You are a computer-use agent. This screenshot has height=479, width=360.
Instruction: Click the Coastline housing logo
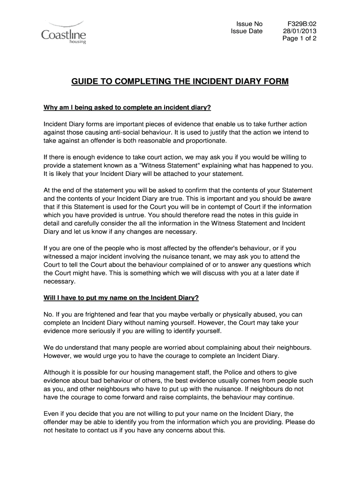pyautogui.click(x=64, y=32)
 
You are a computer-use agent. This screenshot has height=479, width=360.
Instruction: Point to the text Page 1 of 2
pyautogui.click(x=299, y=39)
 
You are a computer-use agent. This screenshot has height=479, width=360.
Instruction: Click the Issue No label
pyautogui.click(x=249, y=24)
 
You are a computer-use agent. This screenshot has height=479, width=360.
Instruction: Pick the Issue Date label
pyautogui.click(x=247, y=31)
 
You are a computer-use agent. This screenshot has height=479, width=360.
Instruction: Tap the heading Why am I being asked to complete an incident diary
pyautogui.click(x=127, y=108)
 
